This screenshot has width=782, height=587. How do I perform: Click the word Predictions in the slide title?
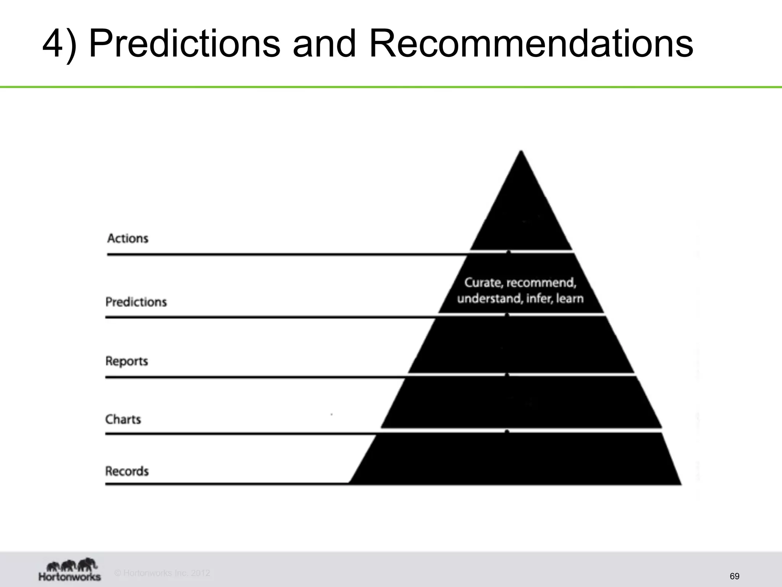pos(184,44)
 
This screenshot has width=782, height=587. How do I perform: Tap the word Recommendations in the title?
pos(531,44)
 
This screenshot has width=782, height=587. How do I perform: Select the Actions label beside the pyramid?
pos(128,238)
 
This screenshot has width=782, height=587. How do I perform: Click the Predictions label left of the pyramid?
pos(136,302)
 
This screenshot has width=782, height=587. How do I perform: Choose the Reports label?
pos(126,361)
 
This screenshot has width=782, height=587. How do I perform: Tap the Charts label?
pos(123,419)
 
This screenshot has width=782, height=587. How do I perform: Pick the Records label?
pos(127,471)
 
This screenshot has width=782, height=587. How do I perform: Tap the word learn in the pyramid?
pos(570,298)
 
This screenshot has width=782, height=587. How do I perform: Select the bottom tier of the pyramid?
pos(515,459)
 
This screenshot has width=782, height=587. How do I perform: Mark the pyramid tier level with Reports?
pos(521,344)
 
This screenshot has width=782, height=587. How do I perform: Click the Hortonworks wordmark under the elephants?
pos(69,577)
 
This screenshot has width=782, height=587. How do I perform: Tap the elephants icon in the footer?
pos(71,564)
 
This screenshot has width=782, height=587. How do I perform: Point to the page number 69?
pos(734,576)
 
